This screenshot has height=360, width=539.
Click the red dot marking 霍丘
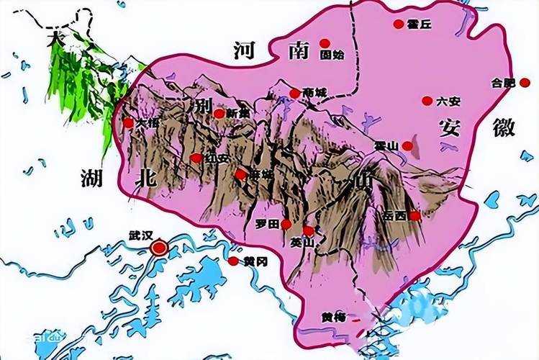[398, 24]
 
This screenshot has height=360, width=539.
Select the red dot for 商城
[294, 93]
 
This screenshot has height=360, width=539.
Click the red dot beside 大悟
[128, 122]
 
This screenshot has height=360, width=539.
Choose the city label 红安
[216, 158]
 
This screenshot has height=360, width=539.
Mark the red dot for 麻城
[240, 174]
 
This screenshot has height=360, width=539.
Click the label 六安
[447, 101]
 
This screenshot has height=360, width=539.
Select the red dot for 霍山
[407, 145]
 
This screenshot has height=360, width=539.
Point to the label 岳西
[394, 215]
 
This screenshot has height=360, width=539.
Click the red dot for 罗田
[286, 224]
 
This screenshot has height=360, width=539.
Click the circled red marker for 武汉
[159, 248]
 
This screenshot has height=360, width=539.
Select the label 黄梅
[333, 317]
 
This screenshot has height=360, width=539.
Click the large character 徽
[504, 127]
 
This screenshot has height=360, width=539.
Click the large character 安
[450, 127]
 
